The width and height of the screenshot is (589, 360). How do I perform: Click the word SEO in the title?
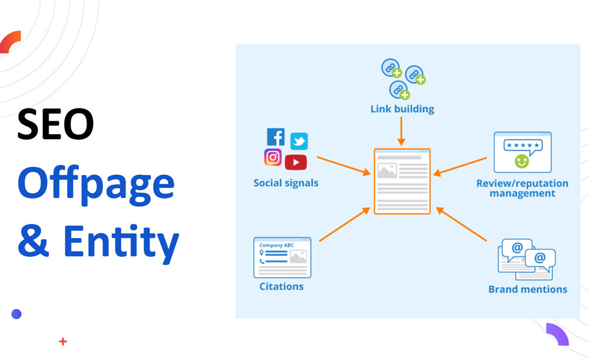click(x=55, y=125)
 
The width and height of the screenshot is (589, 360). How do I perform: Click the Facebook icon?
click(x=276, y=137)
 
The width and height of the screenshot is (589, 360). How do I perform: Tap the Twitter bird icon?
click(x=299, y=141)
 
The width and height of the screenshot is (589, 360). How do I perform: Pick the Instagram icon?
click(x=273, y=157)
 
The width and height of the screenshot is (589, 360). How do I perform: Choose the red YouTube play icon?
click(x=296, y=162)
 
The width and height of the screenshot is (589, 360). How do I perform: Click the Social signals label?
click(x=286, y=183)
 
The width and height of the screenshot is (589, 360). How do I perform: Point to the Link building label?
click(x=402, y=109)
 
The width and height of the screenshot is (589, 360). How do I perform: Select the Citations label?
click(x=282, y=286)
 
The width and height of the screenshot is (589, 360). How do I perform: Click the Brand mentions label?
click(x=528, y=289)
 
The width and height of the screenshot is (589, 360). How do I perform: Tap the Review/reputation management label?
click(x=522, y=188)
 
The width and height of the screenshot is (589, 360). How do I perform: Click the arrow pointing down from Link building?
click(x=402, y=131)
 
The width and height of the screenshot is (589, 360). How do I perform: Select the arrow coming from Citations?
click(x=344, y=224)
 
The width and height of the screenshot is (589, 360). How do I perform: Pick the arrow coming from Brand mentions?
click(x=462, y=224)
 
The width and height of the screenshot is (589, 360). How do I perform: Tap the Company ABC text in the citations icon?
click(x=276, y=245)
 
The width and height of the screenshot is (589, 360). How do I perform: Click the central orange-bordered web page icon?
click(x=402, y=181)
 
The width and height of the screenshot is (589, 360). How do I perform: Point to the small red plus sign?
click(x=63, y=341)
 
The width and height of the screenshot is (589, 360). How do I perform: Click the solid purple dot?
click(x=16, y=314)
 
